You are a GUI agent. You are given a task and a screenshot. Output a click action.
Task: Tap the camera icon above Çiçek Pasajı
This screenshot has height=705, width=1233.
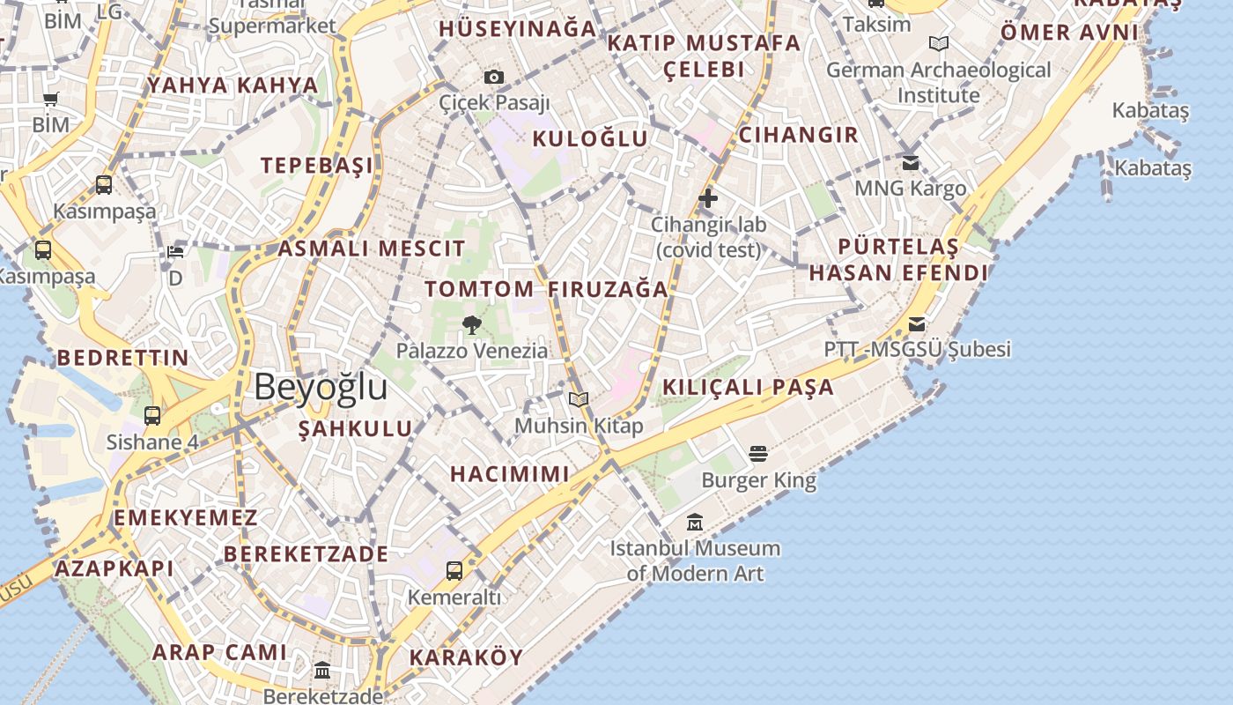tap(494, 78)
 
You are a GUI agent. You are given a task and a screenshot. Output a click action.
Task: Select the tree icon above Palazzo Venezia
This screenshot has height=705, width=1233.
tap(472, 325)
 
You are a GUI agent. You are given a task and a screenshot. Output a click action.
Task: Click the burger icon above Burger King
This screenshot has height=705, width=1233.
tap(758, 455)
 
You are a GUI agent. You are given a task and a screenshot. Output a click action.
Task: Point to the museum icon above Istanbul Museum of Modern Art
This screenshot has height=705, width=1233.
tap(695, 523)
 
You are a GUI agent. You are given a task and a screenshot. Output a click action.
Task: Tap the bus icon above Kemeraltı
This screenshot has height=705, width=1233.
tap(454, 571)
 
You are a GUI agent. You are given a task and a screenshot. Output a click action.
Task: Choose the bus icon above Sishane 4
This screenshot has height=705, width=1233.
tap(152, 416)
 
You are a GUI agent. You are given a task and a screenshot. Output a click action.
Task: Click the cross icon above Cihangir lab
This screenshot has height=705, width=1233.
tap(708, 198)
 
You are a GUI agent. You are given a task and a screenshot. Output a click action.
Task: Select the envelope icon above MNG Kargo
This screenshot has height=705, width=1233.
tap(911, 163)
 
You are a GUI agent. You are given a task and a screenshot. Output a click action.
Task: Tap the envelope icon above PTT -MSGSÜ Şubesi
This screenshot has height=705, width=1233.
tap(917, 324)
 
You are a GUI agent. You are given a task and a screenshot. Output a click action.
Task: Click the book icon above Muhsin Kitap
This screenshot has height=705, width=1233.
tap(579, 400)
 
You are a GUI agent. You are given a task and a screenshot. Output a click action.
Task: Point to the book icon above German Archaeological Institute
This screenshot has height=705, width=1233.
tap(939, 43)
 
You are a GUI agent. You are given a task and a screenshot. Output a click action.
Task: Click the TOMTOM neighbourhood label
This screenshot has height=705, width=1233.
tap(479, 289)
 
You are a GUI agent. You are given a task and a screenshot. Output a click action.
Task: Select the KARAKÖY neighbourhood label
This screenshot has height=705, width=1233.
tap(466, 657)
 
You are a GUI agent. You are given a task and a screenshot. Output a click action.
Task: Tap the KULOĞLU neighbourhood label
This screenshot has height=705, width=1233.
tap(590, 138)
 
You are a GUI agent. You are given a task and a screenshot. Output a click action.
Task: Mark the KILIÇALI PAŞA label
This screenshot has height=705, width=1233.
tap(748, 387)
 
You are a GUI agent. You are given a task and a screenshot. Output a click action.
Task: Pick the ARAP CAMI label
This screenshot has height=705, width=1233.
tap(219, 652)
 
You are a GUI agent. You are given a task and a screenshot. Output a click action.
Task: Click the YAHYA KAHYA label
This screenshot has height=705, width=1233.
tap(233, 85)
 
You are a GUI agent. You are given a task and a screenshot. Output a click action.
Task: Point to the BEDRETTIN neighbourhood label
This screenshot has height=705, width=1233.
tap(122, 358)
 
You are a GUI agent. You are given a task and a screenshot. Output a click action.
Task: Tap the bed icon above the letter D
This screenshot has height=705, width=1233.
tap(175, 252)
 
